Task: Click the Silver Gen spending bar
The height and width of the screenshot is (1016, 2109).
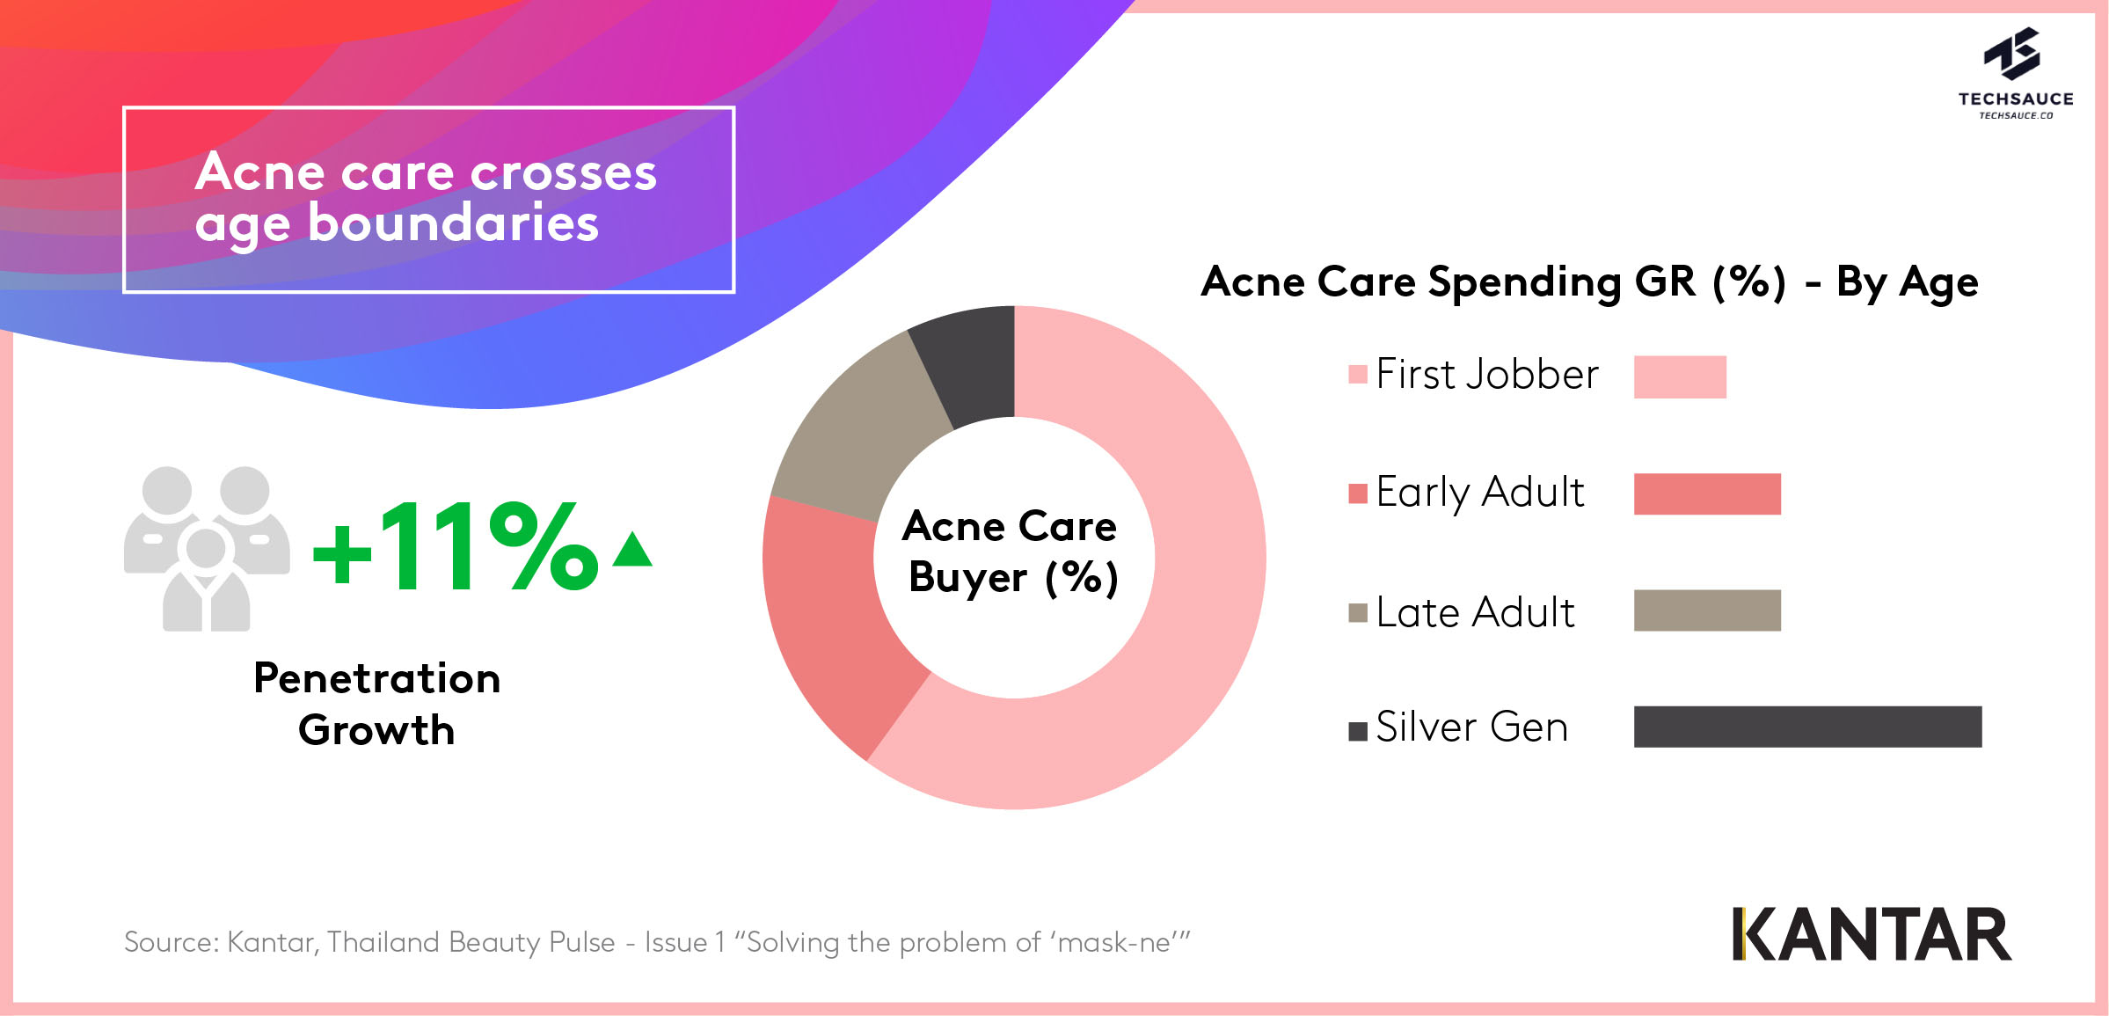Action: point(1807,727)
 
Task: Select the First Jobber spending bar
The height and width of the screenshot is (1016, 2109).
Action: point(1680,376)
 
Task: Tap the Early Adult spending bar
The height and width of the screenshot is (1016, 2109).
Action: point(1707,493)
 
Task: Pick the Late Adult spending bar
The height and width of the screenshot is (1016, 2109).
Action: point(1707,610)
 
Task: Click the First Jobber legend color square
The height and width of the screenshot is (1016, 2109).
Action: point(1358,375)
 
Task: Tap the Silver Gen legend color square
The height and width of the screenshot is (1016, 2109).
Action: point(1358,731)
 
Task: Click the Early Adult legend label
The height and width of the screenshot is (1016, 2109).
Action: point(1479,492)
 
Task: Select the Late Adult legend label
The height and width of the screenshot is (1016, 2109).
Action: point(1475,611)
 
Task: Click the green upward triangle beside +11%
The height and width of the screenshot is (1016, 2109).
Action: point(632,550)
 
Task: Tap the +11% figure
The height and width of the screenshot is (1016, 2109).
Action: point(456,547)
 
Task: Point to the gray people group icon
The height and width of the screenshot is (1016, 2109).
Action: point(207,549)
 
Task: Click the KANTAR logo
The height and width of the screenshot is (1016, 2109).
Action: point(1872,934)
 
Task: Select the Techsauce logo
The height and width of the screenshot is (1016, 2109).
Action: point(2016,73)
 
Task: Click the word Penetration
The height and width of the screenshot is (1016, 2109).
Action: point(376,678)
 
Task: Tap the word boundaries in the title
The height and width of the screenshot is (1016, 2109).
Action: point(453,223)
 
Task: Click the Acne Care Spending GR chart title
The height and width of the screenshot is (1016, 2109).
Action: point(1589,282)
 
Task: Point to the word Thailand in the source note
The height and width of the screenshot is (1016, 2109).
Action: point(383,942)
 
